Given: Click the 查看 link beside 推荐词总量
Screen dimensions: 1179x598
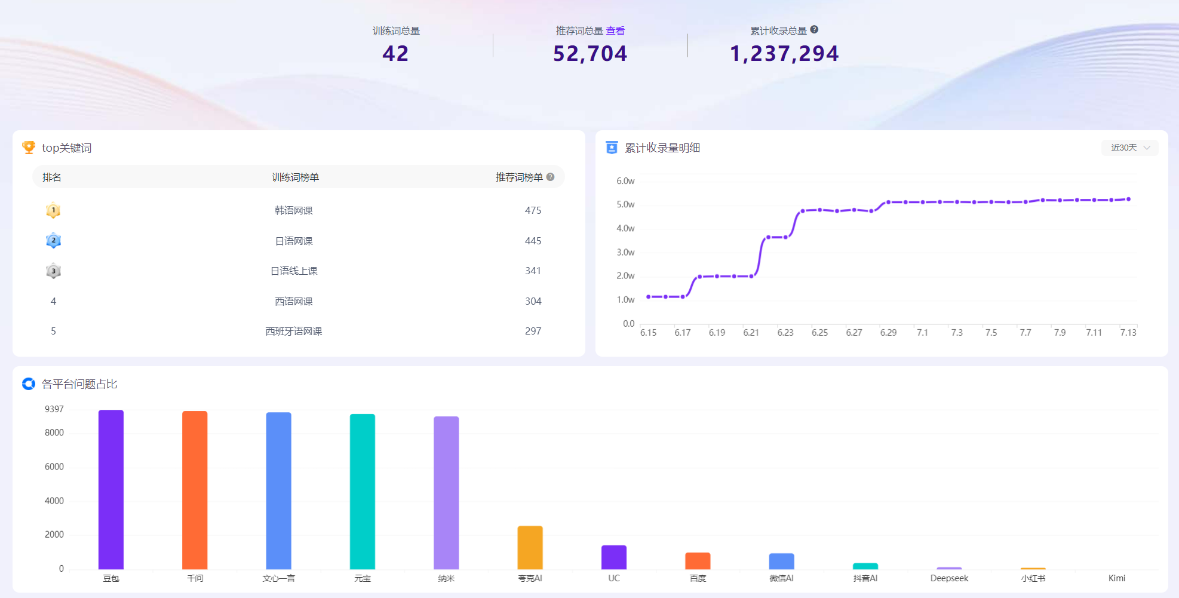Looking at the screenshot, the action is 615,30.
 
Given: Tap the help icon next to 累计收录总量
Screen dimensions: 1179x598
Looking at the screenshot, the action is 814,29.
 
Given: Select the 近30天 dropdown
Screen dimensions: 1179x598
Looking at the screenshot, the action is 1129,148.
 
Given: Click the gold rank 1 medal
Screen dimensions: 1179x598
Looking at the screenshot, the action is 53,210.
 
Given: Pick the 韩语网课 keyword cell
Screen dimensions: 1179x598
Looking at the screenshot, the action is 294,210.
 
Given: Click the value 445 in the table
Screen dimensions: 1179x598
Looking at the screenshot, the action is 533,241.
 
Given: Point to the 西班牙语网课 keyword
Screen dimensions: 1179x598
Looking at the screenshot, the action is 294,331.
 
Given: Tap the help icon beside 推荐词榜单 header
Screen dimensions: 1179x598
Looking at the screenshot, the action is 551,177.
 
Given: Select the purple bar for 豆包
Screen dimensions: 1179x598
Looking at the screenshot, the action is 111,489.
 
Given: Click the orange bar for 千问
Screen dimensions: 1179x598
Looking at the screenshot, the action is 195,490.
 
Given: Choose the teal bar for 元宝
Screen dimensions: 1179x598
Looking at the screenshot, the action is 363,492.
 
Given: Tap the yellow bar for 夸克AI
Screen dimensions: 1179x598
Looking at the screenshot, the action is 530,548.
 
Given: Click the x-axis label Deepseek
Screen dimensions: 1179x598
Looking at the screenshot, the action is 949,578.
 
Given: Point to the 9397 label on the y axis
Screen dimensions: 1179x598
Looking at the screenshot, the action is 54,409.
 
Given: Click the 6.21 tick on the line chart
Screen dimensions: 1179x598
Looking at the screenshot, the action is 751,333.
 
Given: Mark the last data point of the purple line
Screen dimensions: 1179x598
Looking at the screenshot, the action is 1128,199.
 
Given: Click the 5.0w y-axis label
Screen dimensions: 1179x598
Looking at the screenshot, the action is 625,204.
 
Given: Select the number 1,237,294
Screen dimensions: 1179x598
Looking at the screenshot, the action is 784,54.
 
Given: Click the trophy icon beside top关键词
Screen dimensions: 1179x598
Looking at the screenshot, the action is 29,148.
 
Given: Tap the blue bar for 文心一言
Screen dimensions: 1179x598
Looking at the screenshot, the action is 279,490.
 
